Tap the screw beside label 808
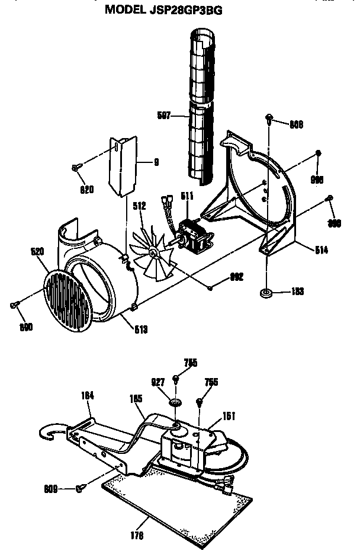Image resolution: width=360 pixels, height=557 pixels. [270, 119]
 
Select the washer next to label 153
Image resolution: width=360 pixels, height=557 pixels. [265, 293]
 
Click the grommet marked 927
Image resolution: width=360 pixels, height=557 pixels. [175, 403]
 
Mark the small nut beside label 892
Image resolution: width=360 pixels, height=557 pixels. [211, 289]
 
